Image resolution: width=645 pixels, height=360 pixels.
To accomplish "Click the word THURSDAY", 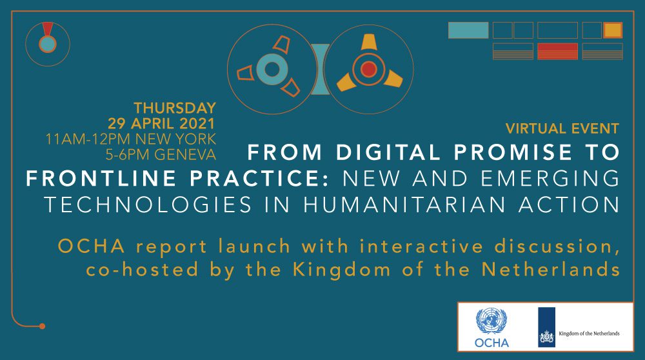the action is pyautogui.click(x=175, y=108).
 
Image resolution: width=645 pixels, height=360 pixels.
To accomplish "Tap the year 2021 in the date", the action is pyautogui.click(x=197, y=123).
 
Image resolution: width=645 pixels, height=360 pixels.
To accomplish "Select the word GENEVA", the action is pyautogui.click(x=185, y=154).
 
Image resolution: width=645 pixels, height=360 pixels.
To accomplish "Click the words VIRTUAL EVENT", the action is pyautogui.click(x=562, y=128).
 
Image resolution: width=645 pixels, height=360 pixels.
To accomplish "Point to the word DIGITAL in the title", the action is pyautogui.click(x=389, y=152).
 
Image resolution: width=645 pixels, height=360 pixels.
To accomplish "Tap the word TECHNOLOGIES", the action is pyautogui.click(x=148, y=205).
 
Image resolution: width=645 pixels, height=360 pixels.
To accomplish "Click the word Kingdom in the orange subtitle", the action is pyautogui.click(x=342, y=270).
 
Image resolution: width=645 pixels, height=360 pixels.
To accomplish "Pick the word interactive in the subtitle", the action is pyautogui.click(x=422, y=246).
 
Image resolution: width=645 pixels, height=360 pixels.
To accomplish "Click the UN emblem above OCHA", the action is pyautogui.click(x=491, y=321).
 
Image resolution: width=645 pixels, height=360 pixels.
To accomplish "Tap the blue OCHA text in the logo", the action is pyautogui.click(x=491, y=343).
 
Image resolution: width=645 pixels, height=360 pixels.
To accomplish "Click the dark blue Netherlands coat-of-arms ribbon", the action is pyautogui.click(x=547, y=327).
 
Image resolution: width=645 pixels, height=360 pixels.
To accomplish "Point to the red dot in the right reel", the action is pyautogui.click(x=368, y=69).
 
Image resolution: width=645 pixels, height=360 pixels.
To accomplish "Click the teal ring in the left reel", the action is pyautogui.click(x=272, y=69).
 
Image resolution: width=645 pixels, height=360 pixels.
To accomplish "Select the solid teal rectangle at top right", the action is pyautogui.click(x=468, y=30).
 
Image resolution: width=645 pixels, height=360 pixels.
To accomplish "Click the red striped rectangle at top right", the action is pyautogui.click(x=557, y=52).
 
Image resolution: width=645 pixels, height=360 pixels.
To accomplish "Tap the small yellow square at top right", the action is pyautogui.click(x=613, y=30).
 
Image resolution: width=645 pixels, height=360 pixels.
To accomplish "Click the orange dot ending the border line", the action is pyautogui.click(x=42, y=326).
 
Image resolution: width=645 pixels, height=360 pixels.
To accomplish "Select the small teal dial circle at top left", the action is pyautogui.click(x=48, y=44).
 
